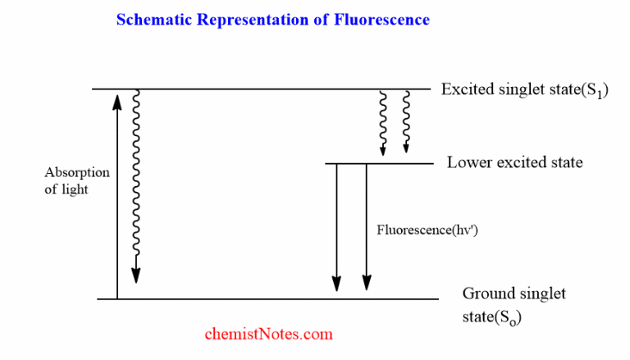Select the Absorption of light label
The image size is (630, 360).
coord(76,180)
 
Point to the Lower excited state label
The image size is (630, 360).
coord(514,162)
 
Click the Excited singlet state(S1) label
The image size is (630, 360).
coord(524,89)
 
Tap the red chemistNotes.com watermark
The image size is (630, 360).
coord(268,334)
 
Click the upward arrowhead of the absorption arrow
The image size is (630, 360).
coord(116,100)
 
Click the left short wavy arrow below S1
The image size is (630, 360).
coord(382,123)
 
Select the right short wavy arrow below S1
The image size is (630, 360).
coord(406,123)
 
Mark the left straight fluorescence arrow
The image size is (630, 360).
coord(336,226)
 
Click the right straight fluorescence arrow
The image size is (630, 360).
coord(366,226)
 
